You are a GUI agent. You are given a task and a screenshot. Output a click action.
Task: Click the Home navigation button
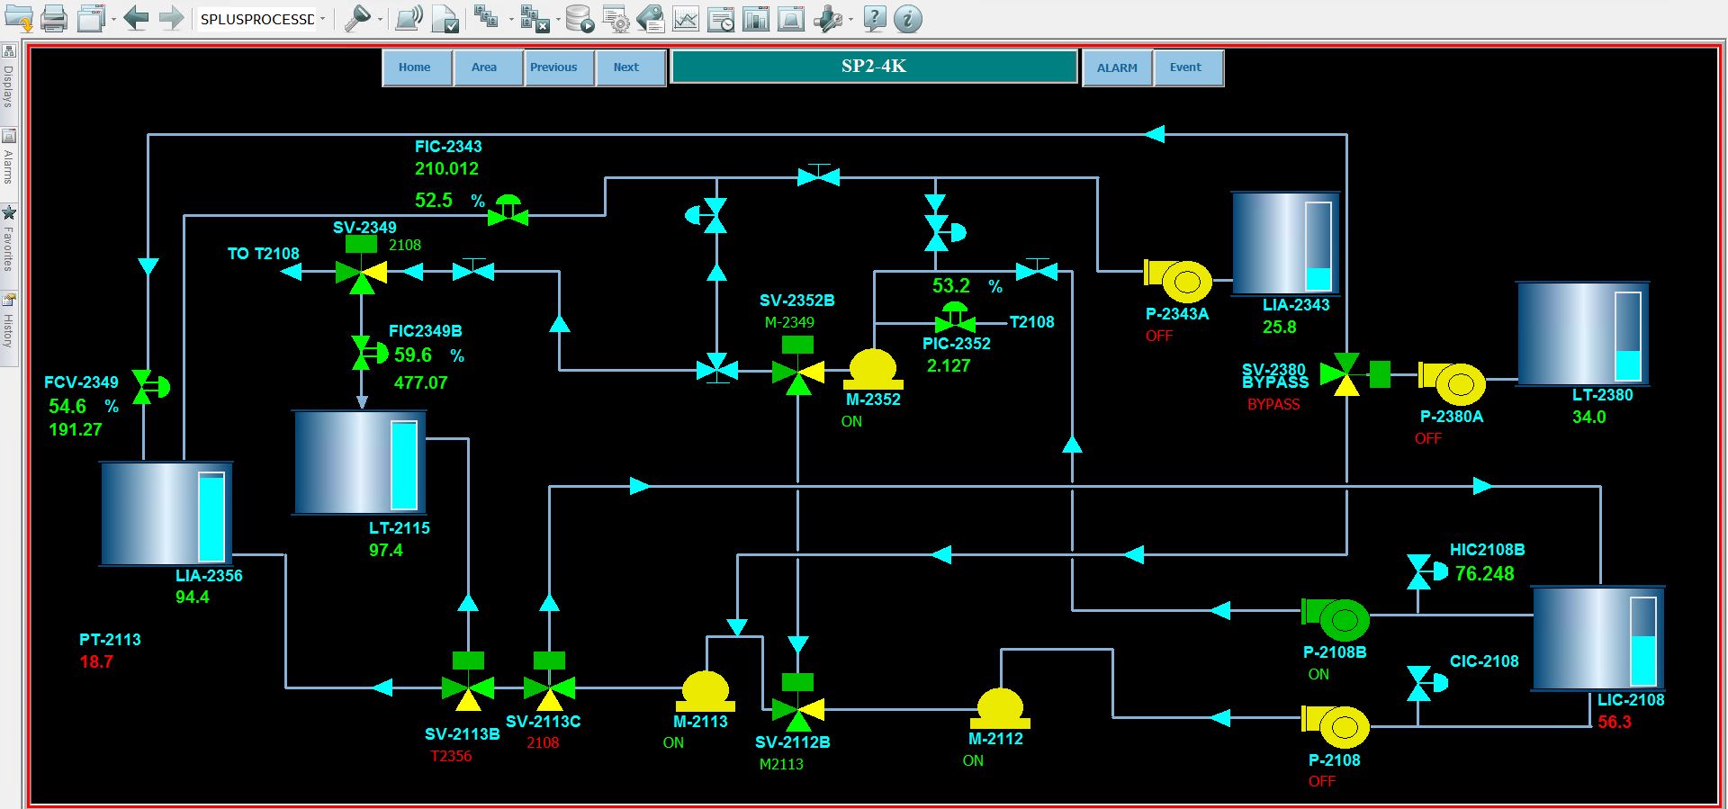[x=415, y=67]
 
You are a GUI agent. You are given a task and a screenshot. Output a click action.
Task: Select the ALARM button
[x=1117, y=67]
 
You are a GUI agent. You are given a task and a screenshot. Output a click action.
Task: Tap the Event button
[x=1186, y=67]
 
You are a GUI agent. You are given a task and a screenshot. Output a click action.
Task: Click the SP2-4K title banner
[x=874, y=67]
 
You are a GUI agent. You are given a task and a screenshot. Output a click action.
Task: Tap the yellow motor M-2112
[x=1000, y=709]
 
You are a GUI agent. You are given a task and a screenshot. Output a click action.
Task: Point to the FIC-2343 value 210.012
[x=446, y=168]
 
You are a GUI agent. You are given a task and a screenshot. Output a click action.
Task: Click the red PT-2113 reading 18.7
[x=96, y=661]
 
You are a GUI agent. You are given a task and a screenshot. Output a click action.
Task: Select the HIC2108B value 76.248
[x=1484, y=573]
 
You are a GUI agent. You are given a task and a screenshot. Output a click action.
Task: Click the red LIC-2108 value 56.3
[x=1614, y=722]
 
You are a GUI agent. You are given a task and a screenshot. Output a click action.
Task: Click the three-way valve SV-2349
[x=361, y=272]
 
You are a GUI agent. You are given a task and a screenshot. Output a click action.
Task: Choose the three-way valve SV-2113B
[x=468, y=688]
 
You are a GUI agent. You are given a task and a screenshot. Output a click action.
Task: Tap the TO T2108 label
[x=263, y=254]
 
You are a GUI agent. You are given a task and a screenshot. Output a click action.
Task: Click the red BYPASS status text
[x=1273, y=404]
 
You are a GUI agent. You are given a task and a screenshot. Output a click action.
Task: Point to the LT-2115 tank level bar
[x=404, y=465]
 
